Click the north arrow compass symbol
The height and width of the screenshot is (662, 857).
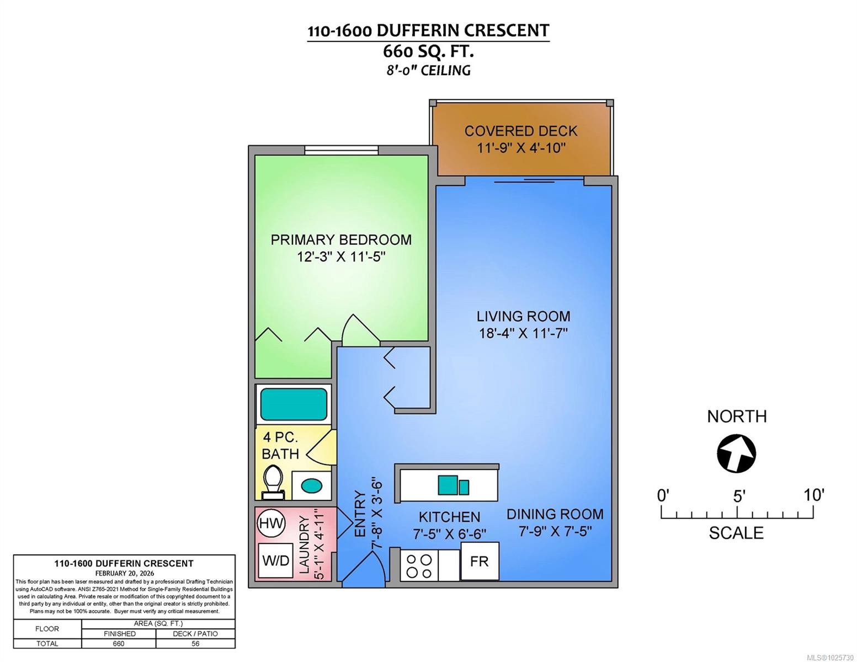pyautogui.click(x=736, y=453)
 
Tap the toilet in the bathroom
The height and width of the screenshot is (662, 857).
pyautogui.click(x=272, y=482)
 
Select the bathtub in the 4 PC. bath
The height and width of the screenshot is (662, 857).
pyautogui.click(x=294, y=404)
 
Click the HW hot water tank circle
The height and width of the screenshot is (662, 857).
pyautogui.click(x=272, y=523)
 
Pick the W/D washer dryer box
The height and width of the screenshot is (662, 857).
pyautogui.click(x=275, y=561)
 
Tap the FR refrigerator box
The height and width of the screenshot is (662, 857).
pyautogui.click(x=479, y=561)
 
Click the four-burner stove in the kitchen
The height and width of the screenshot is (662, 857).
pyautogui.click(x=419, y=565)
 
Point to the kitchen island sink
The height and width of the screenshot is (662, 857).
pyautogui.click(x=453, y=485)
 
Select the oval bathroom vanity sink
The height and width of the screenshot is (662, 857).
pyautogui.click(x=311, y=486)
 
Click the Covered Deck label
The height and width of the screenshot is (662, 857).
pyautogui.click(x=520, y=131)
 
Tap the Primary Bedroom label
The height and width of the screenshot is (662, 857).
pyautogui.click(x=341, y=240)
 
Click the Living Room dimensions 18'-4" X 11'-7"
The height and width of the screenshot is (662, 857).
pyautogui.click(x=523, y=333)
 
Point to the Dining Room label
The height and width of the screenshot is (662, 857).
pyautogui.click(x=555, y=514)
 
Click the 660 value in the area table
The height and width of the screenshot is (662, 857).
pyautogui.click(x=119, y=644)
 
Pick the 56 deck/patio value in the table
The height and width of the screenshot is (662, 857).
pyautogui.click(x=195, y=644)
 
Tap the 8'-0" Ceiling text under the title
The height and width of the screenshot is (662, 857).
pyautogui.click(x=428, y=71)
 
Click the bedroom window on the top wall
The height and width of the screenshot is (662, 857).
pyautogui.click(x=341, y=150)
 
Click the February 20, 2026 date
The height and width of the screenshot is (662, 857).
pyautogui.click(x=124, y=573)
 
